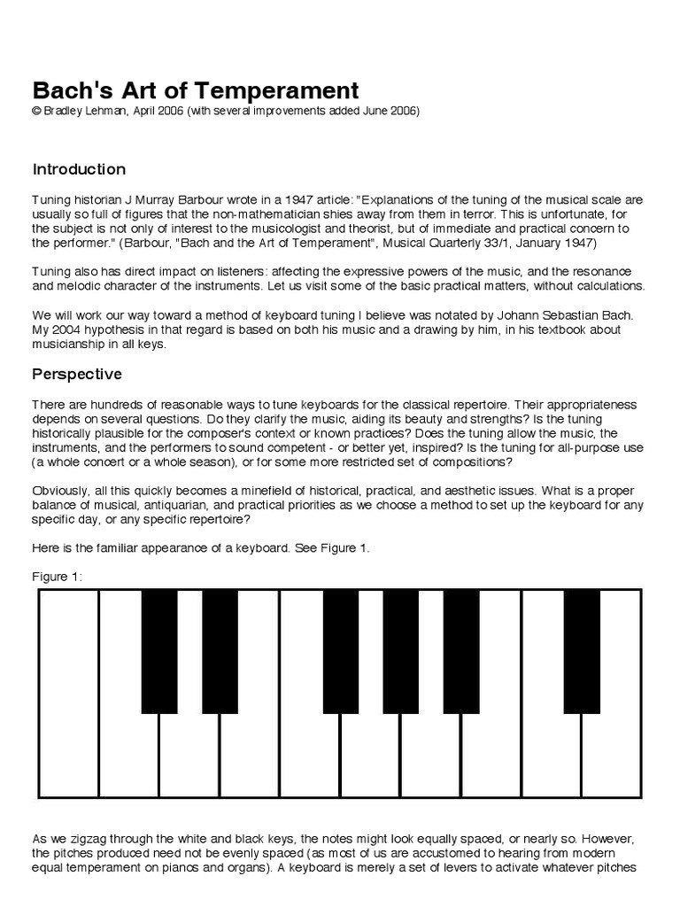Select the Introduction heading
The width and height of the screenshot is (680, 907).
(79, 169)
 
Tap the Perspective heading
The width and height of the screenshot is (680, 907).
(77, 374)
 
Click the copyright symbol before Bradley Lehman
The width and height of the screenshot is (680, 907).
(37, 112)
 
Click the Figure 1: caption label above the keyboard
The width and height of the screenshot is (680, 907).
(58, 577)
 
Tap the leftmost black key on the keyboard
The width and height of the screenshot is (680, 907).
(159, 649)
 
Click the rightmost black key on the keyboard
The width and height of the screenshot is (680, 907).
(581, 649)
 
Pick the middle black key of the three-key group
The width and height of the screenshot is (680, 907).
(400, 649)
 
